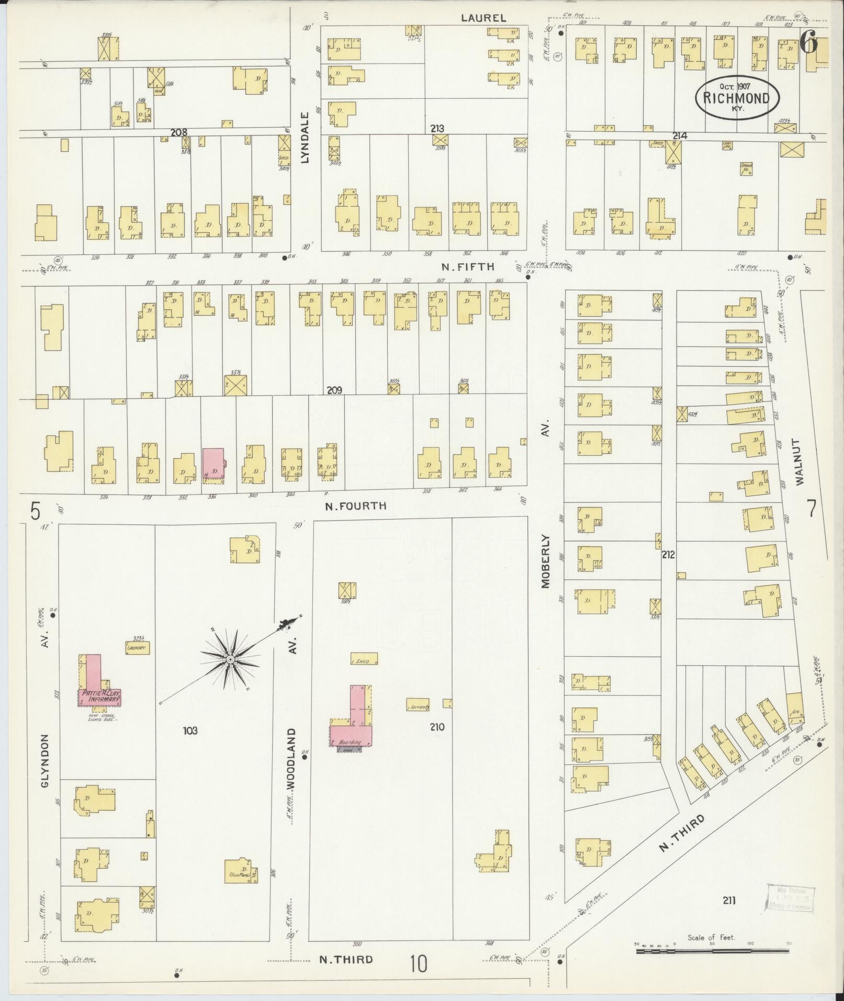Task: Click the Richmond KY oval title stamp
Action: [737, 98]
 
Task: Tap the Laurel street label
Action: [483, 18]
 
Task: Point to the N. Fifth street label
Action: [467, 266]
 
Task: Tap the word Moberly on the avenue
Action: [546, 561]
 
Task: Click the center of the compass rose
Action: [230, 660]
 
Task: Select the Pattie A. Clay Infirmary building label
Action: [99, 696]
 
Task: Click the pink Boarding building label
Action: [350, 743]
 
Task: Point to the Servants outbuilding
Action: [418, 706]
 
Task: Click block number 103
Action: [190, 730]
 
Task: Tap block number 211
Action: [729, 900]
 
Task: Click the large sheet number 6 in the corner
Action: [808, 43]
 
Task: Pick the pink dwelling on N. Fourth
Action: [213, 463]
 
